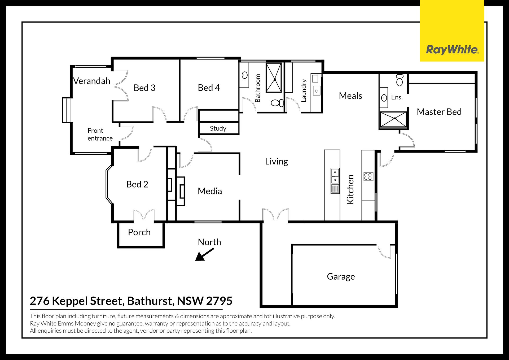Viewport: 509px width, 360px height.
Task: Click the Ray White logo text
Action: click(x=452, y=50)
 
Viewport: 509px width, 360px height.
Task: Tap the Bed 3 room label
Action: click(x=144, y=88)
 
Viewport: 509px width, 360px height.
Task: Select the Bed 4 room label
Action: click(x=209, y=88)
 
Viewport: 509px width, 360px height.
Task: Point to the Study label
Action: click(x=218, y=128)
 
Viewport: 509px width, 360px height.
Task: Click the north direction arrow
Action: click(x=204, y=254)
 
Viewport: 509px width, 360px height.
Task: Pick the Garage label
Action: click(x=341, y=277)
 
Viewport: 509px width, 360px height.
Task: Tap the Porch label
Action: click(x=139, y=232)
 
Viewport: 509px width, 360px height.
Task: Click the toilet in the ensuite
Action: click(x=400, y=80)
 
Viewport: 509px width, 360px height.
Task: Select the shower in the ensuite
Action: click(x=393, y=119)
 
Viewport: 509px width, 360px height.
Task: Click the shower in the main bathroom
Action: click(x=274, y=78)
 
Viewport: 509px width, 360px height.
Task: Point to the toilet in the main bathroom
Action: click(x=277, y=103)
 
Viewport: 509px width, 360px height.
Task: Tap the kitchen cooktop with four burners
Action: click(x=368, y=176)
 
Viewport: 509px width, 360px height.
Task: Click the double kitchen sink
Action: click(x=335, y=176)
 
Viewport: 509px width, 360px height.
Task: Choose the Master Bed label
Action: click(x=439, y=112)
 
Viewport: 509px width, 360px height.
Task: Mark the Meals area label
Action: click(x=350, y=96)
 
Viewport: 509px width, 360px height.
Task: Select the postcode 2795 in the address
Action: click(x=219, y=301)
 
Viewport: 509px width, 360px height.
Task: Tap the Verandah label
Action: click(x=92, y=81)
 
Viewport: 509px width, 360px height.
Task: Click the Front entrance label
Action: click(x=100, y=135)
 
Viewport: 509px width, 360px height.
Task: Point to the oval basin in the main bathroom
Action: click(x=245, y=75)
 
